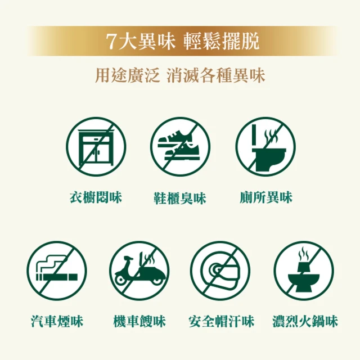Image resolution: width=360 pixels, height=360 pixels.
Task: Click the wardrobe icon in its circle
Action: [x=96, y=147]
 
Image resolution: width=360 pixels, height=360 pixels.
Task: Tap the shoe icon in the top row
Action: [x=179, y=147]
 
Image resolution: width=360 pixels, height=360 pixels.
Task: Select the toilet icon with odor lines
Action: [x=264, y=147]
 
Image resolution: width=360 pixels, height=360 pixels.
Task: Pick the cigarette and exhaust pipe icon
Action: [x=56, y=271]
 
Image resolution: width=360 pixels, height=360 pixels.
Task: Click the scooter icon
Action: [x=139, y=271]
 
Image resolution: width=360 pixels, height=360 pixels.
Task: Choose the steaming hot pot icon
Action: [x=303, y=271]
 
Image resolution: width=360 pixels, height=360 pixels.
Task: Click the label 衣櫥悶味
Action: [x=96, y=197]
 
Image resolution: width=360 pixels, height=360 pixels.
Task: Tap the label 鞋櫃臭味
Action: [x=179, y=198]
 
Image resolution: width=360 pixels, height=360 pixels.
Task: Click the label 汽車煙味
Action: [x=57, y=322]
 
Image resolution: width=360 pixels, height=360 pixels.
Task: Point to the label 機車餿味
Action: [x=139, y=322]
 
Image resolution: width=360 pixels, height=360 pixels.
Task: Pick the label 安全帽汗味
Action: [x=221, y=322]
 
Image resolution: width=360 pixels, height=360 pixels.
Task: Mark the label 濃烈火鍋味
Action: [x=304, y=322]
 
